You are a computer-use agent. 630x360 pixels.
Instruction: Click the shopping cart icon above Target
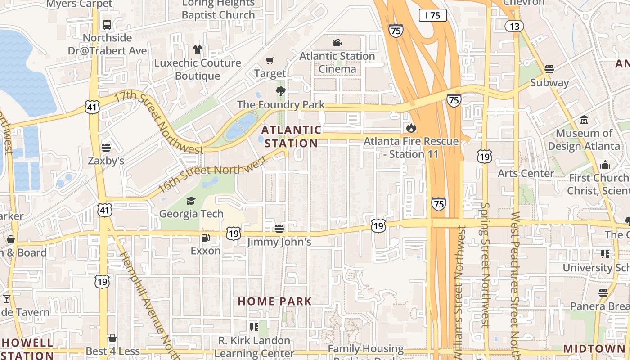pyautogui.click(x=270, y=60)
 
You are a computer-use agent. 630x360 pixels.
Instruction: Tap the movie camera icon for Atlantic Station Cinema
pyautogui.click(x=337, y=43)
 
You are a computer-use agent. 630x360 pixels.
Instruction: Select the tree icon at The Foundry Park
pyautogui.click(x=281, y=92)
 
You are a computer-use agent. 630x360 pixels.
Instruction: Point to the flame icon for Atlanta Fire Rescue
pyautogui.click(x=411, y=128)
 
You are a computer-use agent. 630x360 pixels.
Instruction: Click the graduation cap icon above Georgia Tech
pyautogui.click(x=191, y=201)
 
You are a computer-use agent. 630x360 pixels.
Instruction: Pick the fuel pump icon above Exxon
pyautogui.click(x=205, y=238)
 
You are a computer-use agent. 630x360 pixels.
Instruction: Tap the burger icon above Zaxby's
pyautogui.click(x=106, y=148)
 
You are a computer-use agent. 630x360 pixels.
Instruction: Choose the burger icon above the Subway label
pyautogui.click(x=549, y=69)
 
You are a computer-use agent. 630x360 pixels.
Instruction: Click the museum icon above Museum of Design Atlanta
pyautogui.click(x=584, y=120)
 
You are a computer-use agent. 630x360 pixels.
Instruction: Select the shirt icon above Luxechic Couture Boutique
pyautogui.click(x=197, y=49)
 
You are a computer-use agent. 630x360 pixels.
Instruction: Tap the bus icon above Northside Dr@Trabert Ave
pyautogui.click(x=107, y=24)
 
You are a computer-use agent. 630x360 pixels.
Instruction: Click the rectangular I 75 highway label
pyautogui.click(x=432, y=16)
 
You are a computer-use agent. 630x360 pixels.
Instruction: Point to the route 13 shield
pyautogui.click(x=514, y=27)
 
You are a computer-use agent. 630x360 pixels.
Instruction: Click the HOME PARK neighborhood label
pyautogui.click(x=274, y=301)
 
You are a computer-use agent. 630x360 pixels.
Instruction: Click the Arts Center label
pyautogui.click(x=526, y=173)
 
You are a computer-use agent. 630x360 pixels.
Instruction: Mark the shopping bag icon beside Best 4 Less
pyautogui.click(x=112, y=338)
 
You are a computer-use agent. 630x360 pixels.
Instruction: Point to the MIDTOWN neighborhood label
pyautogui.click(x=594, y=349)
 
